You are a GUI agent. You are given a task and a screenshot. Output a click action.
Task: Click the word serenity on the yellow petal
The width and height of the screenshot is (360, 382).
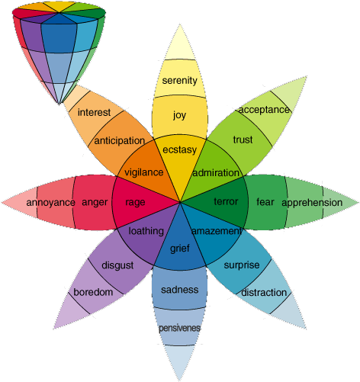point(180,80)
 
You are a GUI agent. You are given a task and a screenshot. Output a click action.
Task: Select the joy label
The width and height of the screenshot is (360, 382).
point(179,116)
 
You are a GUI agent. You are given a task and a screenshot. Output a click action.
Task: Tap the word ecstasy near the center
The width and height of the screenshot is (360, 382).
point(180,149)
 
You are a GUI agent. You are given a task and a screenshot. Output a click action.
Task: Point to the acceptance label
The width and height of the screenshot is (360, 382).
point(264,109)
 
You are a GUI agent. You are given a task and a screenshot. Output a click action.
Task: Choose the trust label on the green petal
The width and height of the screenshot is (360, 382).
point(243,140)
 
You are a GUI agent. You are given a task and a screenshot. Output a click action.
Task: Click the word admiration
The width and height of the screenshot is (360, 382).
point(217,173)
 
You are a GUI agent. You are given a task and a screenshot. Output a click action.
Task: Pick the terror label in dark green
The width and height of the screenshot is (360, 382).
point(226,202)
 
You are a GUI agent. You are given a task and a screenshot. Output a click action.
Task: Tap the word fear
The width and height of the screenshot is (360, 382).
point(265,202)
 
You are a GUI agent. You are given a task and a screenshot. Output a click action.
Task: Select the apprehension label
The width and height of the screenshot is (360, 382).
point(312,203)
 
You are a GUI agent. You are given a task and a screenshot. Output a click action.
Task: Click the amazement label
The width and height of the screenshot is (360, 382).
point(217,231)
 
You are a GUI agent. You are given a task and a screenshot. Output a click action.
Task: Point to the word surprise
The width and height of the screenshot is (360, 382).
point(242,265)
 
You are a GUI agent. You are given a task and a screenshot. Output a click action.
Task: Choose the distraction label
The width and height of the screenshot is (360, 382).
point(264,292)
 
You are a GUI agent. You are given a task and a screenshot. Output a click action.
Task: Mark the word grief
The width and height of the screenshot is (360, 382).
point(180,249)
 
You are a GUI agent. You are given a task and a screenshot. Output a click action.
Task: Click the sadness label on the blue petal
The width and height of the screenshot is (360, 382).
point(180,290)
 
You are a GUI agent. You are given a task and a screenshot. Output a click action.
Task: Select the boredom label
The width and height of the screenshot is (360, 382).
point(93,292)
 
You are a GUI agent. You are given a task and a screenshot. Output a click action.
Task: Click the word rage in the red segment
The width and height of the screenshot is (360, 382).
point(135,202)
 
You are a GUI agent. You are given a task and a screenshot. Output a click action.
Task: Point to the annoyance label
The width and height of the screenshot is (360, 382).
point(50,202)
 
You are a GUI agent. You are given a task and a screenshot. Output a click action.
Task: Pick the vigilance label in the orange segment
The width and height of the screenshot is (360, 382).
point(143,172)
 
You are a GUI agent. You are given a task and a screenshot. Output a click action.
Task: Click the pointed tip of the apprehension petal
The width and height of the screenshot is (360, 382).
point(357,202)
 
